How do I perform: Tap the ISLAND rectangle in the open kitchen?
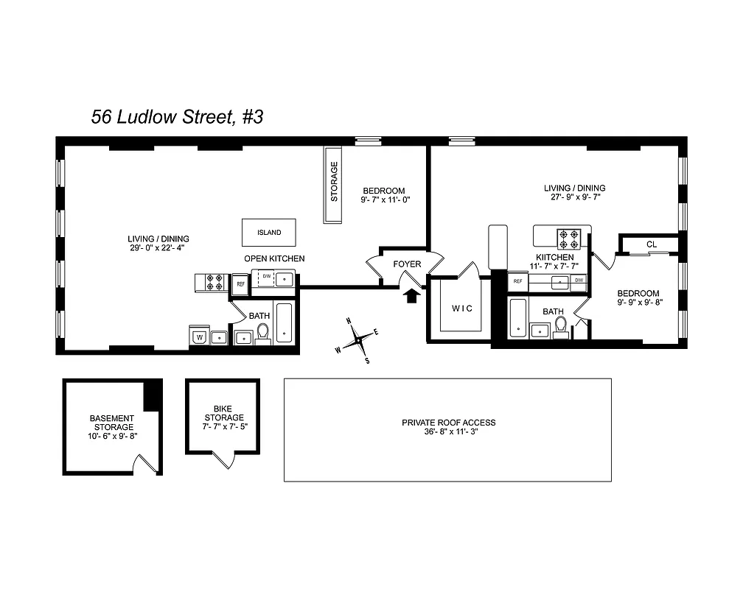tap(269, 233)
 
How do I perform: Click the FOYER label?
tap(407, 264)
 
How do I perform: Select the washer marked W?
tap(198, 337)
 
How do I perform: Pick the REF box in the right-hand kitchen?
tap(517, 281)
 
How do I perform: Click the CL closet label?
tap(651, 244)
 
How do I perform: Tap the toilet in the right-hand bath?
tap(561, 325)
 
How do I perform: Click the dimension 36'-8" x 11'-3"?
tap(448, 432)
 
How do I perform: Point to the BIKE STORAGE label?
tap(223, 412)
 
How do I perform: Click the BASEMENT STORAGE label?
tap(112, 423)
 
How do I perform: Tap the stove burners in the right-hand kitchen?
tap(569, 238)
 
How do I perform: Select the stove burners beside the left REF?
tap(214, 282)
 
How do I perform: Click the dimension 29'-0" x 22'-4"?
tap(158, 248)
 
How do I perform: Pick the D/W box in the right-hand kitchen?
tap(579, 281)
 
